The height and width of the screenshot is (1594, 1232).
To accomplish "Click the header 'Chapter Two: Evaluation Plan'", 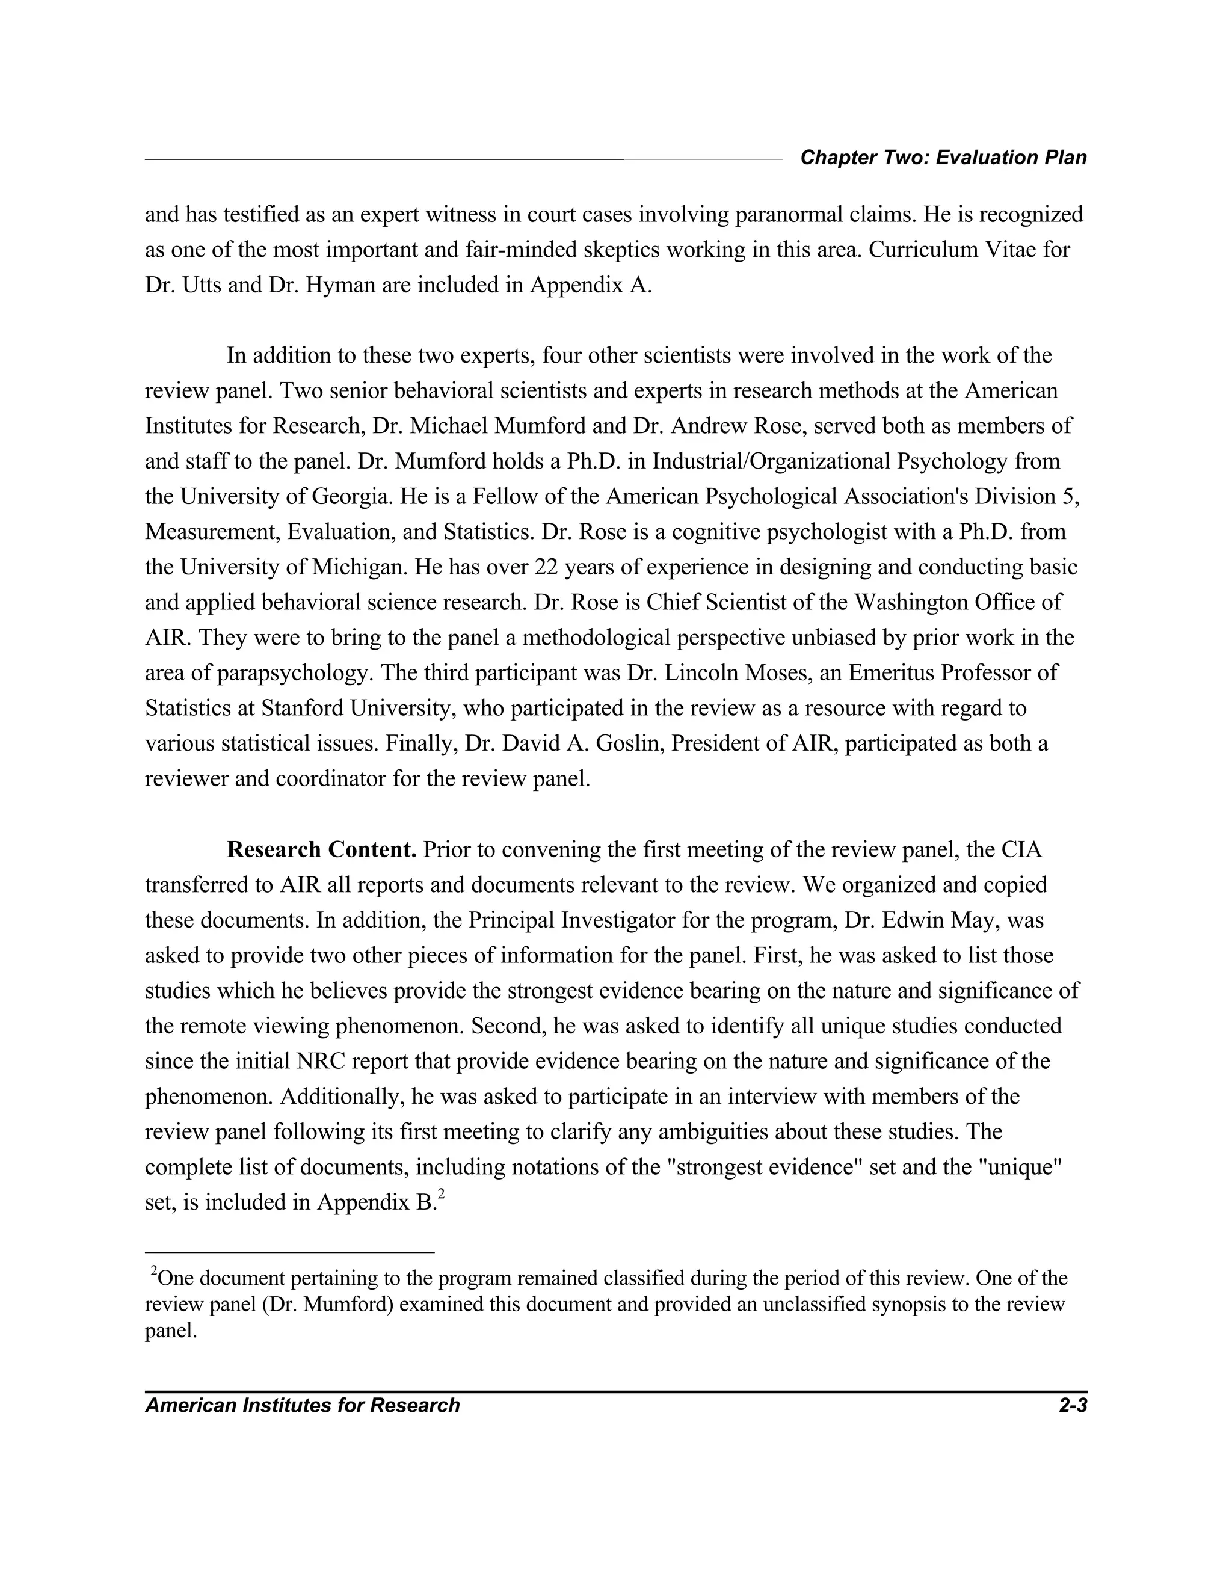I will tap(943, 158).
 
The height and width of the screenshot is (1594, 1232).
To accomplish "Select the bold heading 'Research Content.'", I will tap(321, 849).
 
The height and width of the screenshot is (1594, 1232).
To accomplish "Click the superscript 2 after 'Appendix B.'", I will tap(442, 1194).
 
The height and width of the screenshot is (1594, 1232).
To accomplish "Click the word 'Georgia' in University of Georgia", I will tap(349, 496).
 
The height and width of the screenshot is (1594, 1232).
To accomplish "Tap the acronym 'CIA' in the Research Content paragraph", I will tap(1021, 849).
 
